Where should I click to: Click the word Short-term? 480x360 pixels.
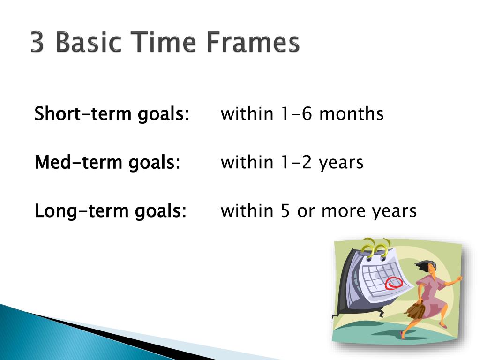tap(83, 113)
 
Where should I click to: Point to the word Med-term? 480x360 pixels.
tap(78, 162)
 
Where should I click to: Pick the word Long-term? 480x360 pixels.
tap(82, 211)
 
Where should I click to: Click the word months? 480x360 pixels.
tap(351, 113)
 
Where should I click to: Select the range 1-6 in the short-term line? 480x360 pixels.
tap(296, 113)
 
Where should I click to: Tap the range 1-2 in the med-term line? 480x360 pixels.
tap(296, 162)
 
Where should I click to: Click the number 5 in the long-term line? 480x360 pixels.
tap(285, 211)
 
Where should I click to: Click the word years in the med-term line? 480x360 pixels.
tap(341, 163)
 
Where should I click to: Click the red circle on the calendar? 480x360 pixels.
tap(394, 283)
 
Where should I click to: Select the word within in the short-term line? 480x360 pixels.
tap(247, 113)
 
